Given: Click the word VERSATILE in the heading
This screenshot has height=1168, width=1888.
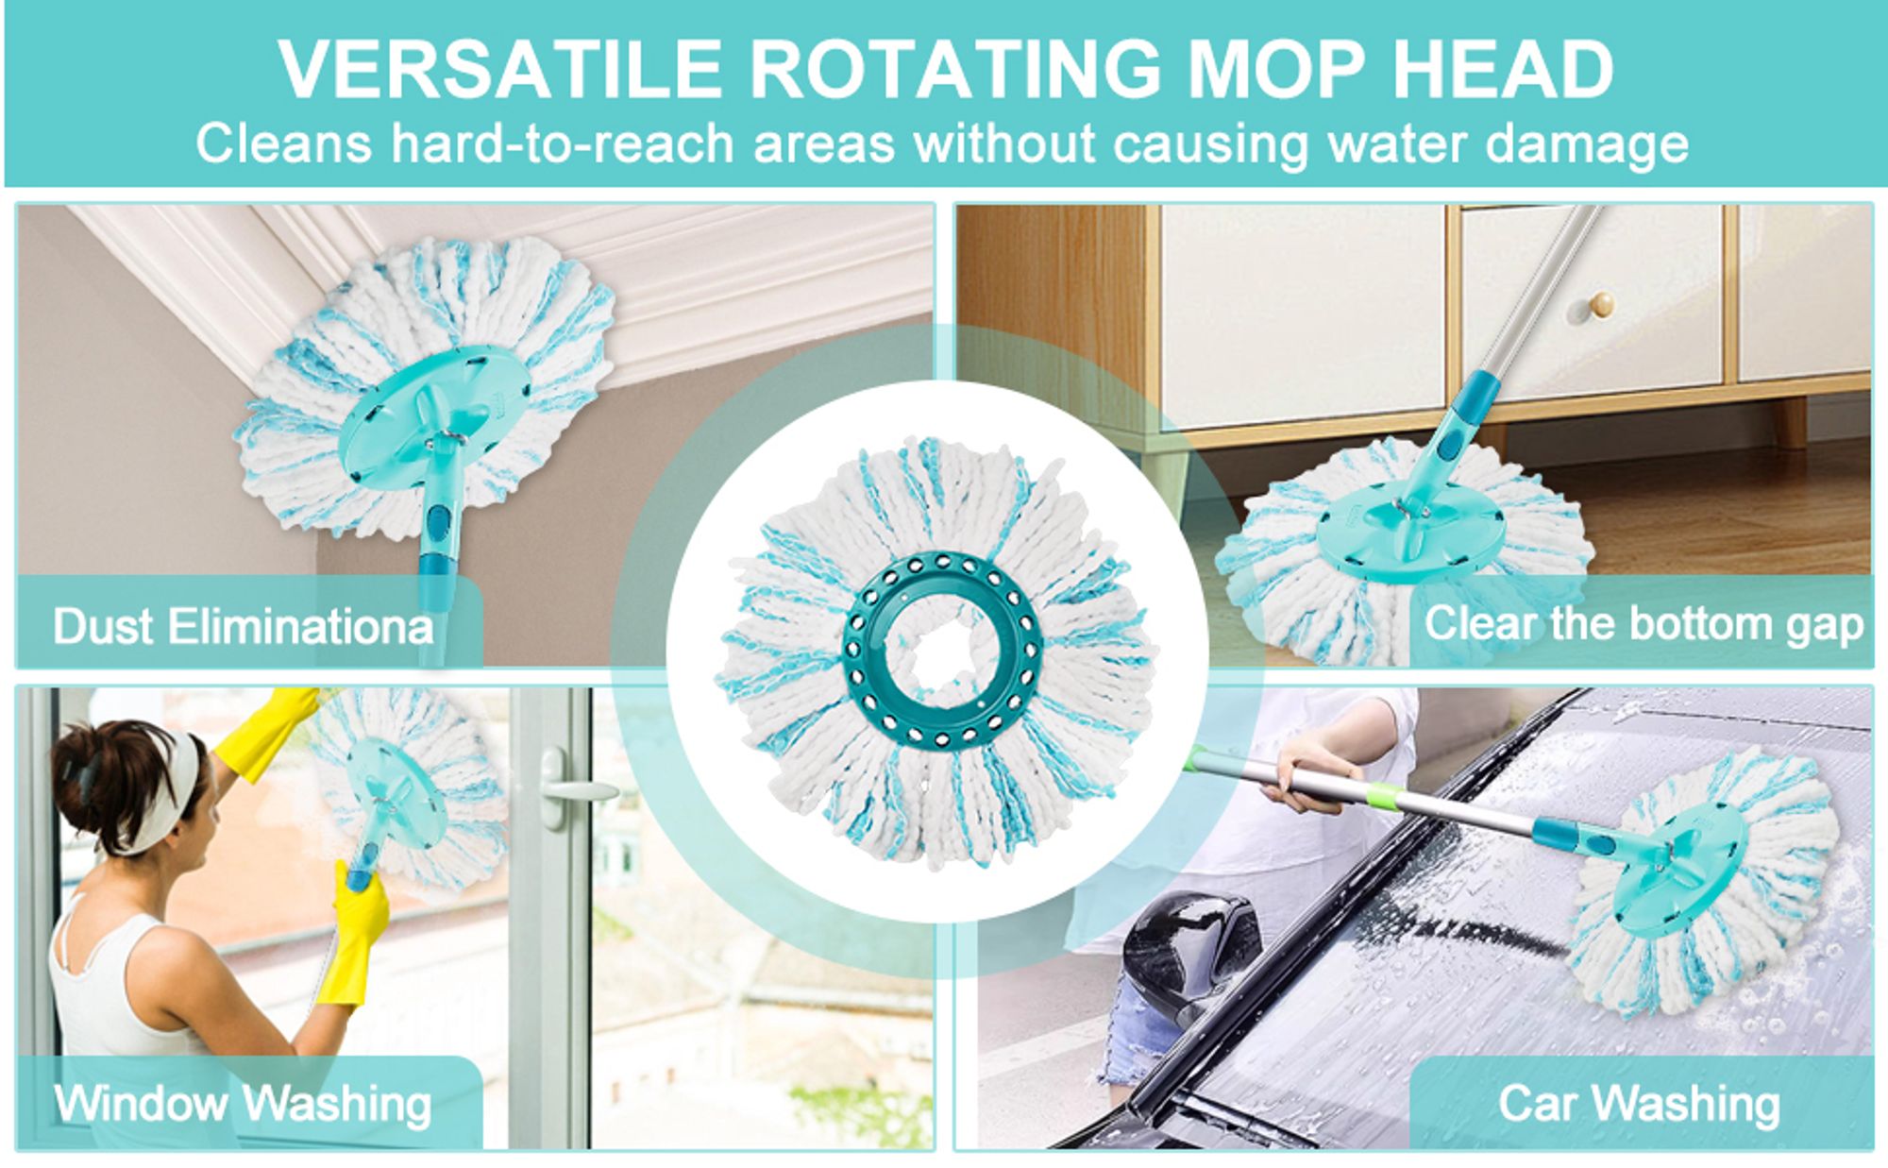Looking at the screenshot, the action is point(500,69).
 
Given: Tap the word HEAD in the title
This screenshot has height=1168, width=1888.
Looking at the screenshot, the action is point(1503,69).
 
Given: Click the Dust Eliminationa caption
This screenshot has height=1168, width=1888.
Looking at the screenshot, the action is point(243,627).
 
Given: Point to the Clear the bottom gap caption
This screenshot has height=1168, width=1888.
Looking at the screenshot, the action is point(1644,625).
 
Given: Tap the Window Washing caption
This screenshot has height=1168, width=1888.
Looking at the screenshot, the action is point(243,1103).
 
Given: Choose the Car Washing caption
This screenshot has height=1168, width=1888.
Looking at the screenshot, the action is point(1639,1103).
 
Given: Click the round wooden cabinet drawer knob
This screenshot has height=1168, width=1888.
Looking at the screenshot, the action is point(1602,304).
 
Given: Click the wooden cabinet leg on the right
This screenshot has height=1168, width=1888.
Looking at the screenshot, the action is point(1789,421).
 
